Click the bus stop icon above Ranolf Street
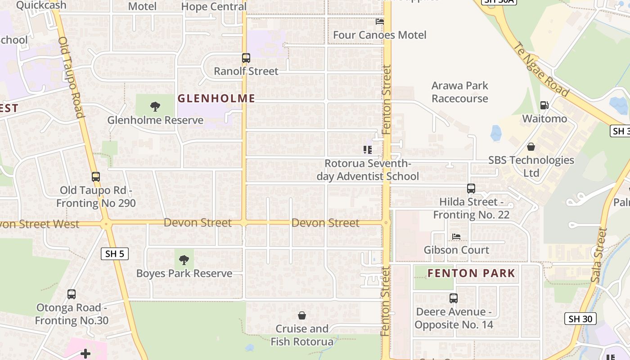pos(246,58)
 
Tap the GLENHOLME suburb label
pos(216,98)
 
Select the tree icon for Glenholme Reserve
pos(155,107)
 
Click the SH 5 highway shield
pos(115,254)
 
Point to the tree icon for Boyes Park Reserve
pos(184,260)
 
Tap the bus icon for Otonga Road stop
pos(71,294)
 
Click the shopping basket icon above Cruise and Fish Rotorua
pos(302,315)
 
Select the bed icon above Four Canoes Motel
pos(380,21)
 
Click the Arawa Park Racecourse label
pos(459,92)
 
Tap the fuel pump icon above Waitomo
pos(544,105)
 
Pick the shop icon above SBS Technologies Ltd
pos(531,147)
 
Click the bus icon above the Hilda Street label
pos(471,189)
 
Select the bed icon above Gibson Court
pos(456,237)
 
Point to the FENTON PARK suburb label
pos(471,273)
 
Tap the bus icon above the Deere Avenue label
pos(454,298)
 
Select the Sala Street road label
pos(599,255)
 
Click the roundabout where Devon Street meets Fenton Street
pos(386,222)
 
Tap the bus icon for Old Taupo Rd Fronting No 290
pos(95,177)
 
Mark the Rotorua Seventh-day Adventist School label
pos(368,170)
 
